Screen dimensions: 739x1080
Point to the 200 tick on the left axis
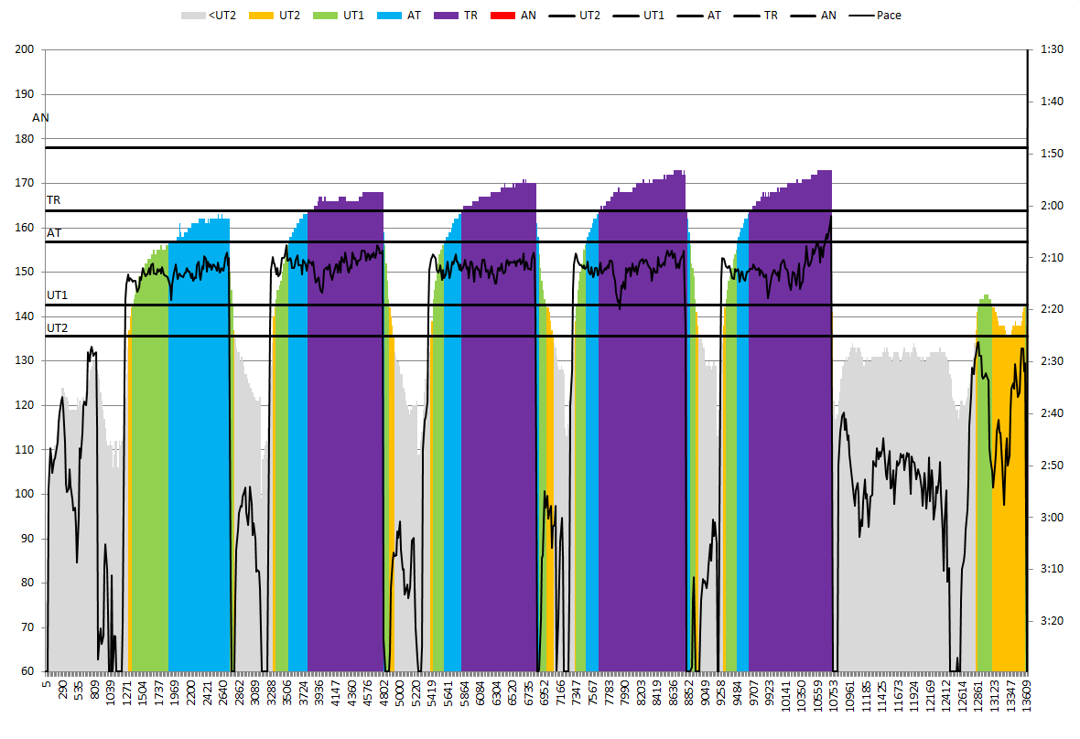[25, 49]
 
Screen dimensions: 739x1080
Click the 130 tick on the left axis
[25, 360]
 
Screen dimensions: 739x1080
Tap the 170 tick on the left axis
[25, 183]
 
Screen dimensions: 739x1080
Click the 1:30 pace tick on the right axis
[1052, 49]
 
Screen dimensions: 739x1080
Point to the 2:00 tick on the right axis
[1052, 205]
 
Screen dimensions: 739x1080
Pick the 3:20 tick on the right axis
[1052, 620]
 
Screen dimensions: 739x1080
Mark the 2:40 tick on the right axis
[1052, 412]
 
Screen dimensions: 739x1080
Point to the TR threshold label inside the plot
[54, 199]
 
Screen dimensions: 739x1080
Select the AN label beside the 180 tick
[40, 118]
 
